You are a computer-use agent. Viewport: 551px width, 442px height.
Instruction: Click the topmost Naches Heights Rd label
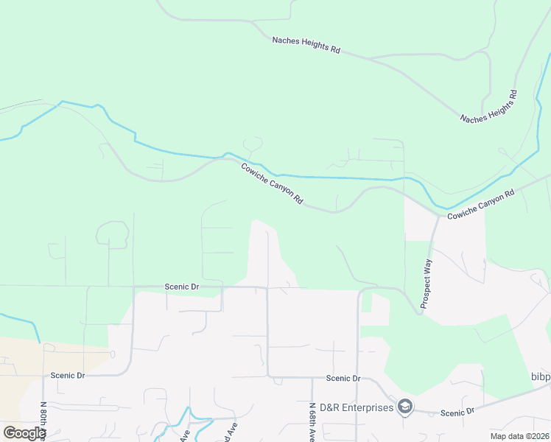point(306,45)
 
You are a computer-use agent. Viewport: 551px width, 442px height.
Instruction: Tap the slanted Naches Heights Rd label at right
point(489,107)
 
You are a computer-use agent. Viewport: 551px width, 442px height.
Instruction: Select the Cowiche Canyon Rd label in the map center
point(272,184)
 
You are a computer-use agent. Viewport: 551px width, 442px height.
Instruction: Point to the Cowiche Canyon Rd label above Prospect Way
point(480,204)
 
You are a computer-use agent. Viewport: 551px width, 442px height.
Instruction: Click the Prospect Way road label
point(426,283)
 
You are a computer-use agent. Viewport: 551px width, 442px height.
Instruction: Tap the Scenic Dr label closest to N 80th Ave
point(68,375)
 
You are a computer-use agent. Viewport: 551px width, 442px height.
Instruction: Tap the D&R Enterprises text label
point(357,407)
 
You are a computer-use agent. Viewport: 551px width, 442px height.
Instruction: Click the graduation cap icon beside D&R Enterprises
point(404,407)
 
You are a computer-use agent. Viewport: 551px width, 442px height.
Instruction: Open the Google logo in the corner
point(25,432)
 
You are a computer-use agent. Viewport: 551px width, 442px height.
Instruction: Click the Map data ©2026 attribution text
point(519,436)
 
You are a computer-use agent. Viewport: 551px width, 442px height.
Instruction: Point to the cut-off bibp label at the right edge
point(540,377)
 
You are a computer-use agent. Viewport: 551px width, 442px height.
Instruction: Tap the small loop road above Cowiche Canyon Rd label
point(253,144)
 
